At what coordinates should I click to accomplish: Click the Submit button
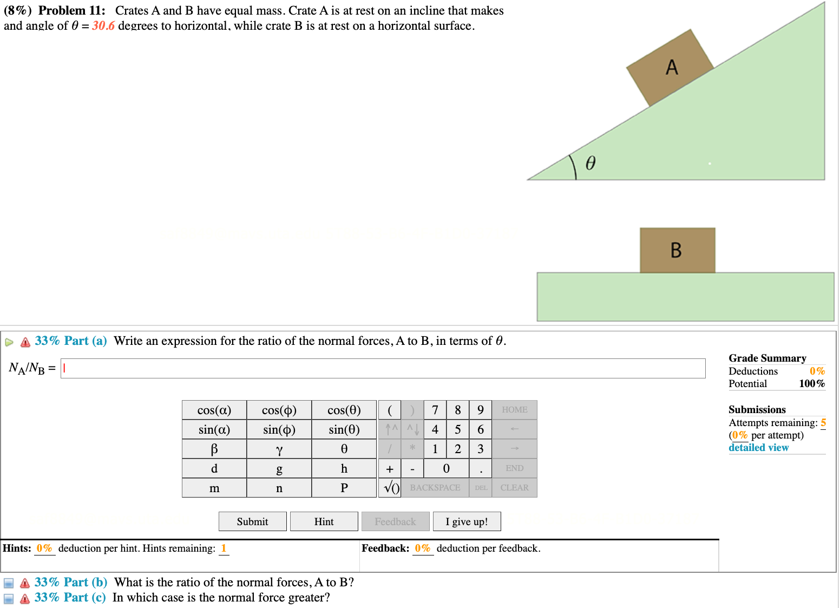(x=252, y=521)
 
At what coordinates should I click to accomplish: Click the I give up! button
(x=467, y=521)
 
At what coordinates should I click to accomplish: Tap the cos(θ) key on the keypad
(x=344, y=410)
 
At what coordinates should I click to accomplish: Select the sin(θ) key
(x=344, y=429)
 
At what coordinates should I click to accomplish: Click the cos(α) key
(x=214, y=410)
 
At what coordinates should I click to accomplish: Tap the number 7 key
(x=435, y=410)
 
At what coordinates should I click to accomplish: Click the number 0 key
(x=446, y=468)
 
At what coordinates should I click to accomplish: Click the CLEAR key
(x=514, y=488)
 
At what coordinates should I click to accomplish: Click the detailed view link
(x=758, y=448)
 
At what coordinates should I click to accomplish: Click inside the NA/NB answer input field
(x=383, y=368)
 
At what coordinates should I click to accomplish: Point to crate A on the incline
(x=670, y=68)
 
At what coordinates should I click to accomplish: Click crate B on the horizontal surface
(x=677, y=250)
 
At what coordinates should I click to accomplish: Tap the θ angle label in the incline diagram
(x=590, y=163)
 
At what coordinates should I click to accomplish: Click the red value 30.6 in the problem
(x=103, y=26)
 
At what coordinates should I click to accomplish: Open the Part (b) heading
(x=71, y=582)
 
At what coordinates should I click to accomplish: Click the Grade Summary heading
(x=767, y=358)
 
